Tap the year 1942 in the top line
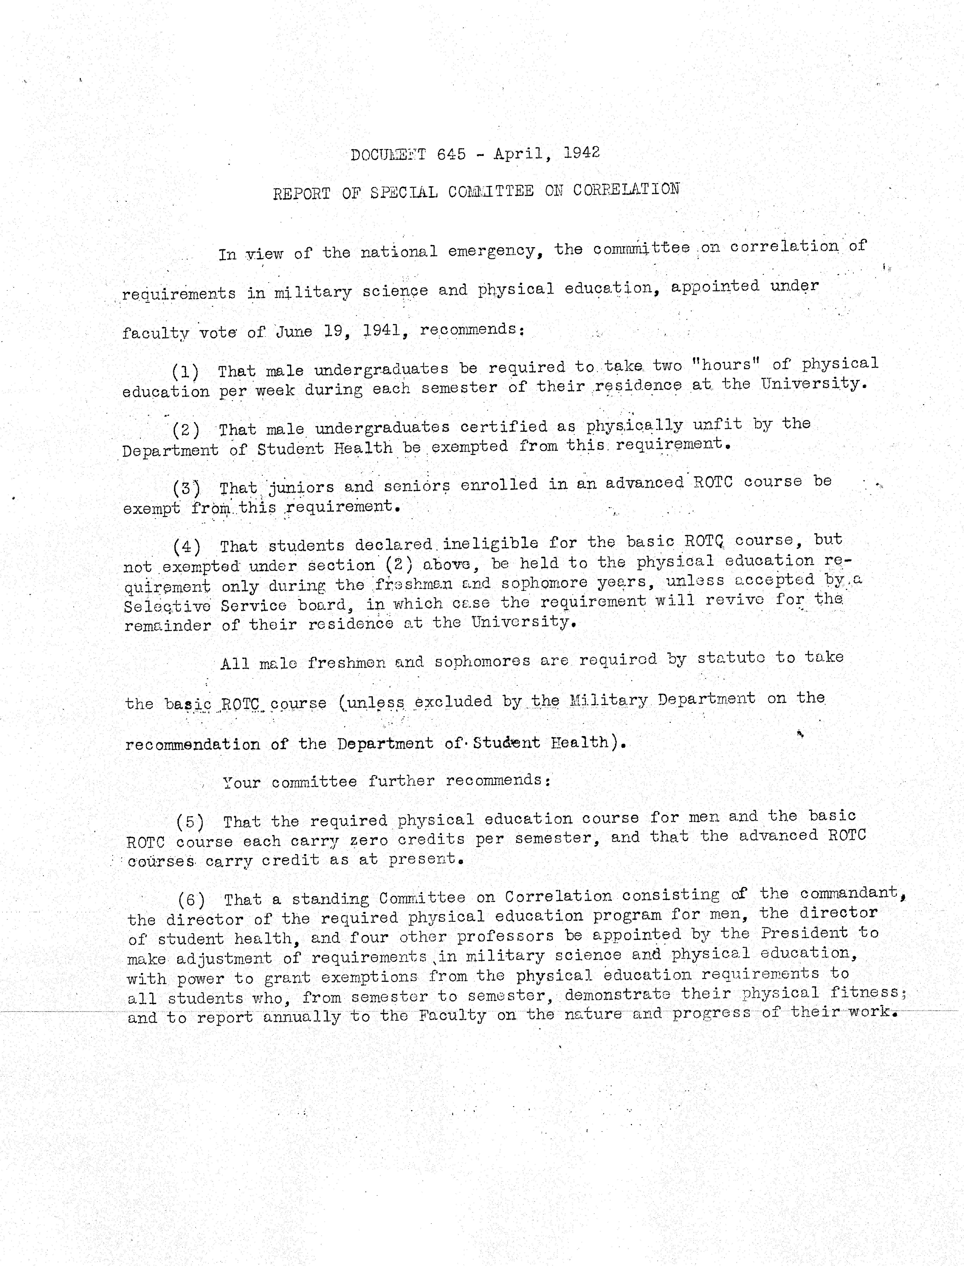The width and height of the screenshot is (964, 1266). (581, 153)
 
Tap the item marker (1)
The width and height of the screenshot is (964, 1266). (185, 372)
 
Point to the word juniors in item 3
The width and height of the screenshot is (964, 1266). (301, 487)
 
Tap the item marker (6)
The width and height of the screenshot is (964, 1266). (191, 900)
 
